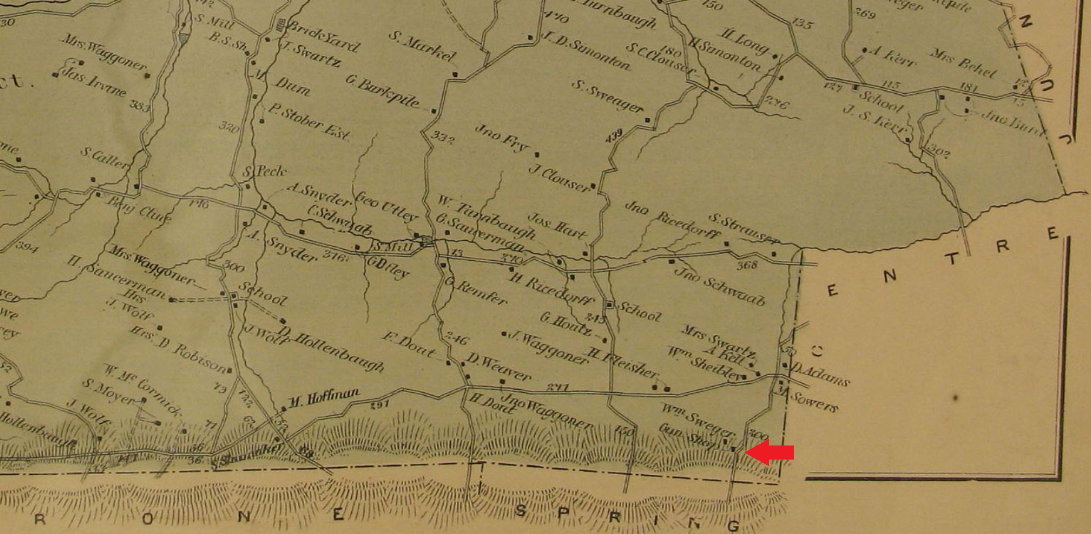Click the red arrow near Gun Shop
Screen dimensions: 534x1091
point(769,453)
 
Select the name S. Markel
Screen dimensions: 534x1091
point(422,46)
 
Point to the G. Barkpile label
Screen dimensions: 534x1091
point(382,91)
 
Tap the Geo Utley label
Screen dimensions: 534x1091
point(386,206)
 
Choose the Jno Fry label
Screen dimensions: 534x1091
point(501,138)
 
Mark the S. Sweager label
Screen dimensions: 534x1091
point(607,96)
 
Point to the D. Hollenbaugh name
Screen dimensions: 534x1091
point(332,348)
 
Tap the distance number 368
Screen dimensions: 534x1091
point(747,265)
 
